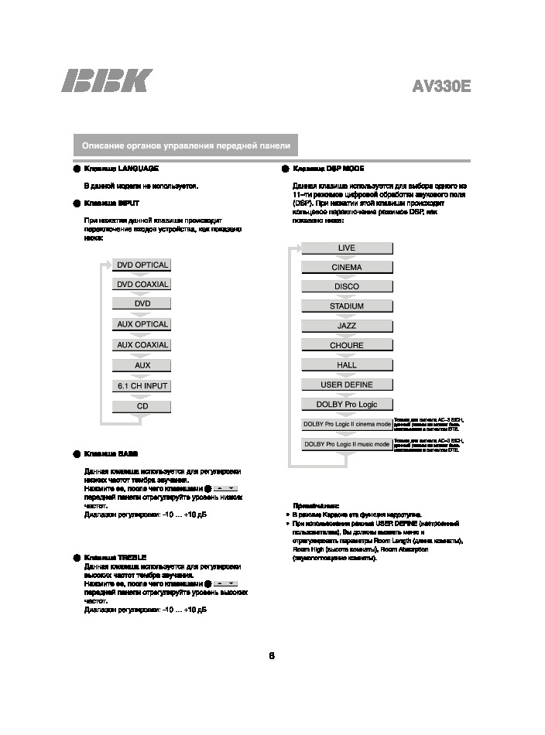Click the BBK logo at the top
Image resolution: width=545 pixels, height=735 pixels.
click(107, 82)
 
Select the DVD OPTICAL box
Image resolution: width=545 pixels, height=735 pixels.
click(142, 265)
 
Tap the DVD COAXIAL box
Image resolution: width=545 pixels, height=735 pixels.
click(142, 284)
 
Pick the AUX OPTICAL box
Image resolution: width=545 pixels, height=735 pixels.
click(142, 324)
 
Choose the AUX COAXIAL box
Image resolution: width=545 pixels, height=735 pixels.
click(142, 345)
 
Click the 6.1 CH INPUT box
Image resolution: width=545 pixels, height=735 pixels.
click(142, 385)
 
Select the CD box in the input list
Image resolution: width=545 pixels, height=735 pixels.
click(142, 405)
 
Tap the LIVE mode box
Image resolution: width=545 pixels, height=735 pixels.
click(346, 248)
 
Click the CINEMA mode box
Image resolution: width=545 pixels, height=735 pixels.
click(346, 267)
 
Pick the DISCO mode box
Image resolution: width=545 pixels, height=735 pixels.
click(346, 286)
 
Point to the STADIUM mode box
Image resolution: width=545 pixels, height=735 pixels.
click(346, 306)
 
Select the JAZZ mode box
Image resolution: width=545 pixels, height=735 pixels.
click(346, 326)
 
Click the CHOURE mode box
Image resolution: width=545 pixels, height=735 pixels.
click(346, 346)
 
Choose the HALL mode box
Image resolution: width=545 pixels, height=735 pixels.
click(346, 365)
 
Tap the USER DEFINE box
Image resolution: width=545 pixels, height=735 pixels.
click(346, 385)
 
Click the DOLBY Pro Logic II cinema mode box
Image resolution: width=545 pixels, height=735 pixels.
click(346, 424)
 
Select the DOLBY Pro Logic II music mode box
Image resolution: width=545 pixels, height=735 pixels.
click(346, 444)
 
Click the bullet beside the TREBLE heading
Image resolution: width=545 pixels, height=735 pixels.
click(76, 557)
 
